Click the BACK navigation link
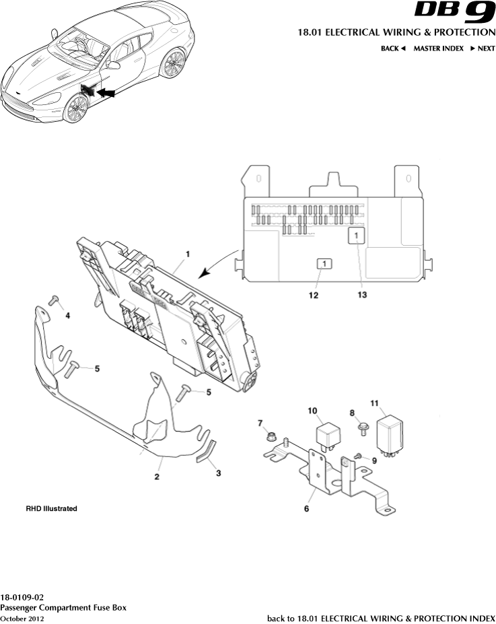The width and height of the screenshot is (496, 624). click(x=394, y=48)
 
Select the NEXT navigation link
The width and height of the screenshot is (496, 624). click(x=483, y=48)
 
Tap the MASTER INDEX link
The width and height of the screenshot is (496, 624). click(x=438, y=48)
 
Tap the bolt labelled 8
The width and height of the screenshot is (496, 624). click(x=363, y=426)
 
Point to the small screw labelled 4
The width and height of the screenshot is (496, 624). click(x=55, y=300)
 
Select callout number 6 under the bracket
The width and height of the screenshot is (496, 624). click(x=306, y=509)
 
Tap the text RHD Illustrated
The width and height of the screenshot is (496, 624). click(x=51, y=509)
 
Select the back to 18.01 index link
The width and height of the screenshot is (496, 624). click(x=381, y=618)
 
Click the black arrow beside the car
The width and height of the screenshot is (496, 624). click(x=106, y=92)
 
